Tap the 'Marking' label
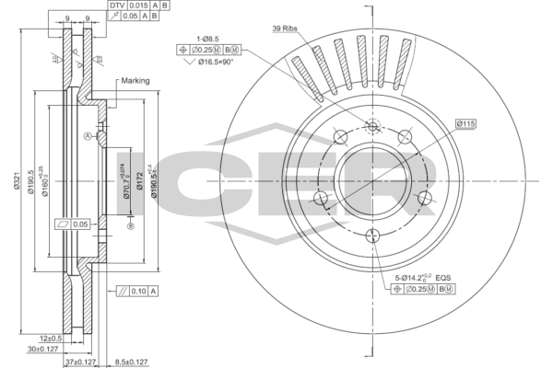coord(135,81)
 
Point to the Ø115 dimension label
coord(465,123)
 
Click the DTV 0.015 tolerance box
coord(129,6)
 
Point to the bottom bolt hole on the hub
coord(371,236)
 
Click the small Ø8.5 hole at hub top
coord(372,127)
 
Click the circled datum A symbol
coord(88,136)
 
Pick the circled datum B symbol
coord(131,226)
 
